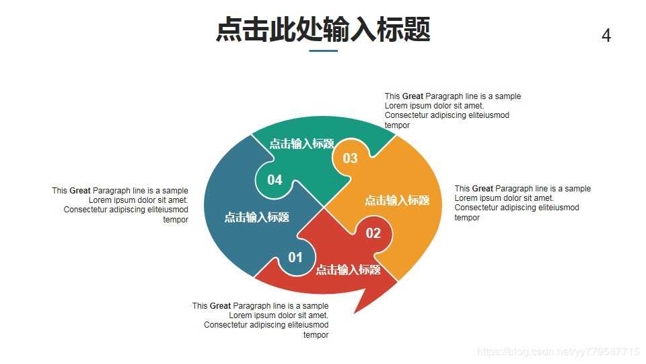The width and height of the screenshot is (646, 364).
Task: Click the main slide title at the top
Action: point(323,30)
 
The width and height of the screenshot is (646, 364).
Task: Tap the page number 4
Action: point(606,36)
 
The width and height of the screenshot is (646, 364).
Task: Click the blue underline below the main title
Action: point(323,51)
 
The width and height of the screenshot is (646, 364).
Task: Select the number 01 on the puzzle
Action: point(295,257)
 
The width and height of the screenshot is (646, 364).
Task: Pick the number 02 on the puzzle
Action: point(373,233)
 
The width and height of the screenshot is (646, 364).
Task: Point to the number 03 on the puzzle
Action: point(350,158)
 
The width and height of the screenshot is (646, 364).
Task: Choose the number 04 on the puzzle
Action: point(275,180)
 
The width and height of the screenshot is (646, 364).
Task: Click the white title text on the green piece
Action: point(302,144)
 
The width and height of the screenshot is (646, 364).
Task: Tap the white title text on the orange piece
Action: point(397,200)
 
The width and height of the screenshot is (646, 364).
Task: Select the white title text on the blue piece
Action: point(257,217)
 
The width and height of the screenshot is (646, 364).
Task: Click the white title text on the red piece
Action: point(349,270)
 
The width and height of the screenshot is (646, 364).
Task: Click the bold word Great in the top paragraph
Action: point(412,96)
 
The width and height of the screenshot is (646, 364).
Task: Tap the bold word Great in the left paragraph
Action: point(80,191)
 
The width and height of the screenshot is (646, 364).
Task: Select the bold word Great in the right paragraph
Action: point(482,189)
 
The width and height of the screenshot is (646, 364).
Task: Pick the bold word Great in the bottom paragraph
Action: point(220,306)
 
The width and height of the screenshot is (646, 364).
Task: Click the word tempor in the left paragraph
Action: point(176,220)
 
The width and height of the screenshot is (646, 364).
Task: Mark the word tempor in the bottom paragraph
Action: point(316,335)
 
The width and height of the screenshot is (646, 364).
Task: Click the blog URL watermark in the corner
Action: point(558,352)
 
